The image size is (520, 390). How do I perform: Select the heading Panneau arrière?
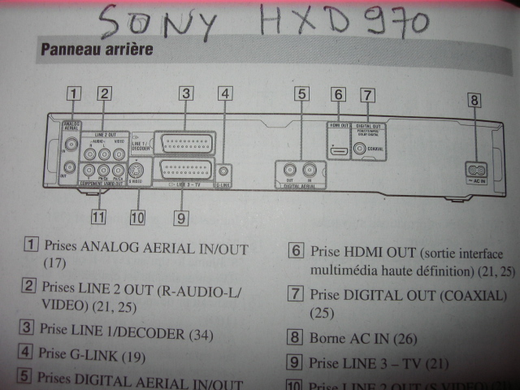96,50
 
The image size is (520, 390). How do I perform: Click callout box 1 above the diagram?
74,92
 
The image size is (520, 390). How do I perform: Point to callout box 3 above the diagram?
186,93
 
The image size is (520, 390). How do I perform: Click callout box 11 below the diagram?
98,216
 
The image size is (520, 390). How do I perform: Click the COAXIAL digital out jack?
359,148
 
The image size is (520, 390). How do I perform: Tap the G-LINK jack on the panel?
224,171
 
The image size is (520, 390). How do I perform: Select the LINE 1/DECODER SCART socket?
185,143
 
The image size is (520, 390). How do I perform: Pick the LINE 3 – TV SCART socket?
186,171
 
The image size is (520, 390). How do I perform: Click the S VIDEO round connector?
136,170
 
